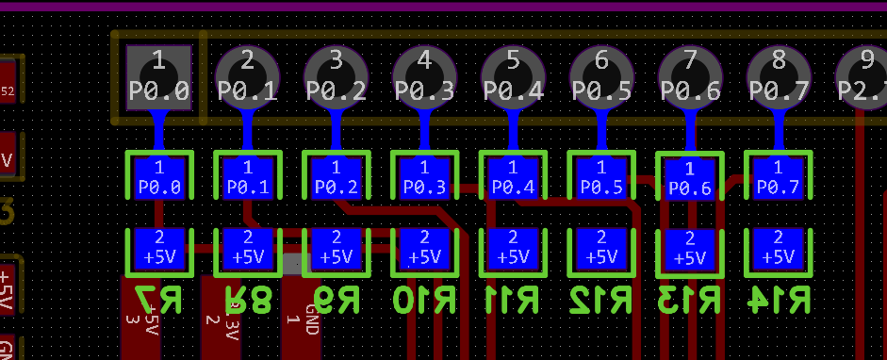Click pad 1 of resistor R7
pos(158,177)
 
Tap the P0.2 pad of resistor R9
pos(337,177)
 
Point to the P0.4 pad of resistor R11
pos(514,177)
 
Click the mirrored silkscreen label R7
pos(158,300)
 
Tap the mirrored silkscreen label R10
pos(425,300)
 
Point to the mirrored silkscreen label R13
pos(690,300)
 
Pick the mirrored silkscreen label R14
pos(779,300)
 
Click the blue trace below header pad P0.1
pos(247,130)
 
